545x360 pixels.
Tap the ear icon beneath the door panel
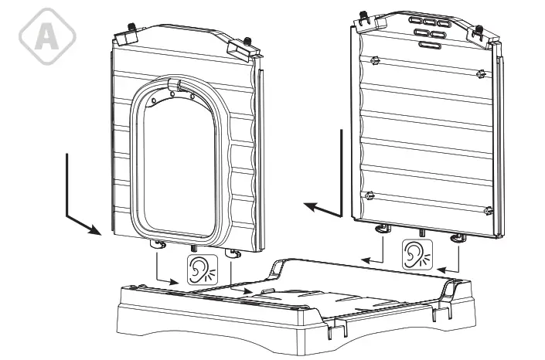200,270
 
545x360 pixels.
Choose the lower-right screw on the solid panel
486,209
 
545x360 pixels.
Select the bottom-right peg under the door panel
230,253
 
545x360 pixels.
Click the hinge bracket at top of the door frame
177,86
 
